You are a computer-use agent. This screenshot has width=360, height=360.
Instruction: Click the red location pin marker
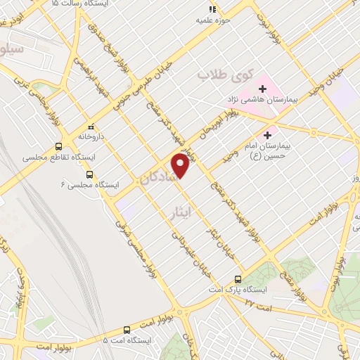pos(181,167)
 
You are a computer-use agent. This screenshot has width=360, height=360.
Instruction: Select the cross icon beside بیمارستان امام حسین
pos(266,134)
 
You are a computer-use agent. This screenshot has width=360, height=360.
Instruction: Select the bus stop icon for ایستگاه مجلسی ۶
pos(89,174)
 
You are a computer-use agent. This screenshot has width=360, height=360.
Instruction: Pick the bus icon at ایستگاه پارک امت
pos(238,279)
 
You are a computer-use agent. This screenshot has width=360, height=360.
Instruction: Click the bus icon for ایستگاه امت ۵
pos(127,329)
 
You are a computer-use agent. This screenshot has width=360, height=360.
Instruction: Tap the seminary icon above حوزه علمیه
pos(209,20)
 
